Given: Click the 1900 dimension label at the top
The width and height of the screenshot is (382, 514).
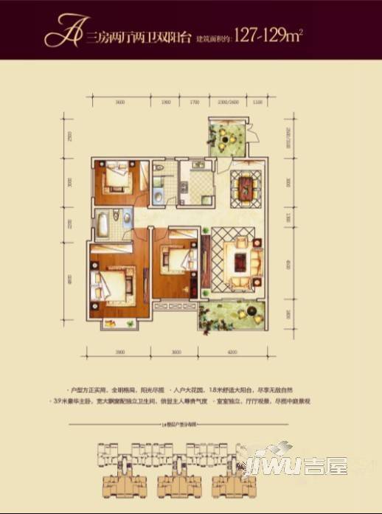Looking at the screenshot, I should [166, 102].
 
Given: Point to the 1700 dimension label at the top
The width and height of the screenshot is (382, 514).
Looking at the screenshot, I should [195, 102].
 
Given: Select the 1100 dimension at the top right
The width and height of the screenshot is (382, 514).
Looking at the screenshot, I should [257, 102].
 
